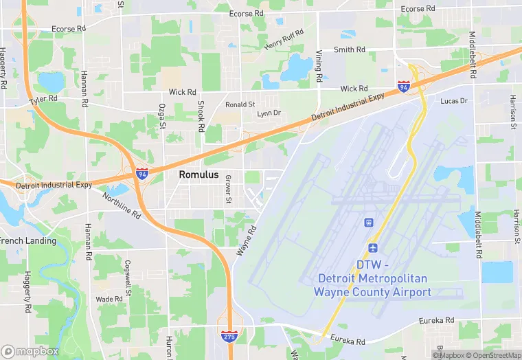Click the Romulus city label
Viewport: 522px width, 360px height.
(x=198, y=175)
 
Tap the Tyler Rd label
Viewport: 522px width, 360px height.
(x=43, y=100)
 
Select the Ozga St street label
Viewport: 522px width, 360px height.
(x=163, y=115)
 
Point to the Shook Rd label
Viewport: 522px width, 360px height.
(x=201, y=118)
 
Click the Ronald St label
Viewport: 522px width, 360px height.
(x=240, y=104)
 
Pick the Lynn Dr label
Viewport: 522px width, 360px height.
(x=269, y=113)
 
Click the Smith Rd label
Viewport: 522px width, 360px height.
(x=349, y=49)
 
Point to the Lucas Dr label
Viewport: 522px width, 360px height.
(x=453, y=101)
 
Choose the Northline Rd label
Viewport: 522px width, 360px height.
(x=122, y=205)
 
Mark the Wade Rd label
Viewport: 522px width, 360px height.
(x=109, y=299)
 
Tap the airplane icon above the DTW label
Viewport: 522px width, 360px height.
(x=373, y=247)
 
